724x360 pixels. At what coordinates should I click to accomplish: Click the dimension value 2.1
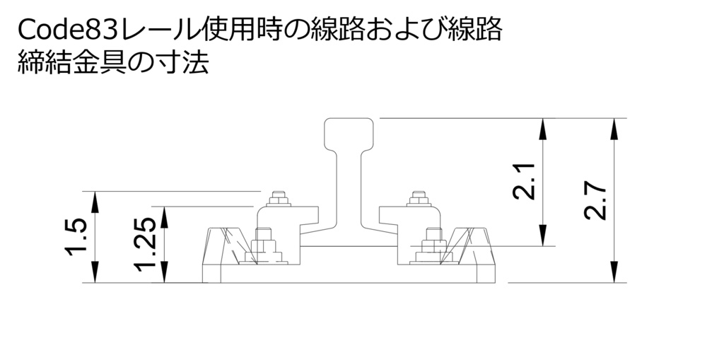524,181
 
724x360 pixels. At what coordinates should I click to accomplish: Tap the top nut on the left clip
279,196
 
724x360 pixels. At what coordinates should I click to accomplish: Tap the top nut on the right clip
421,196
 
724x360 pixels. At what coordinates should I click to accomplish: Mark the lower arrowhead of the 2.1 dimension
542,236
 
